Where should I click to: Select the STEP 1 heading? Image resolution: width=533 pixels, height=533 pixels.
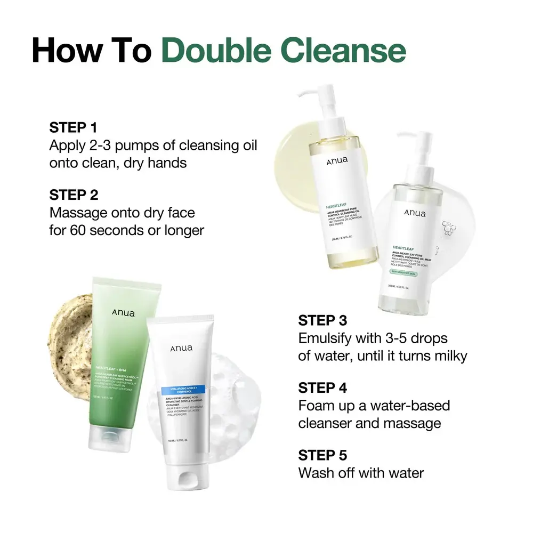74,127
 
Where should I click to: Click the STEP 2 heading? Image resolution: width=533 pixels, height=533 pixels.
74,195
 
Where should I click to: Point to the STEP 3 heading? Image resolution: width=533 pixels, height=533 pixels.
322,320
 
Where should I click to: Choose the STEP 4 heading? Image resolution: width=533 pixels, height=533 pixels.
322,387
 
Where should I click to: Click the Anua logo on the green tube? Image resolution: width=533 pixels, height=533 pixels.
123,313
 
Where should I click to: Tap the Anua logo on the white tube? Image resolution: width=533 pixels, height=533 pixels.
182,348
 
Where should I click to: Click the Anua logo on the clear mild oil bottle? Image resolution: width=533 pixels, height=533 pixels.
415,213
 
